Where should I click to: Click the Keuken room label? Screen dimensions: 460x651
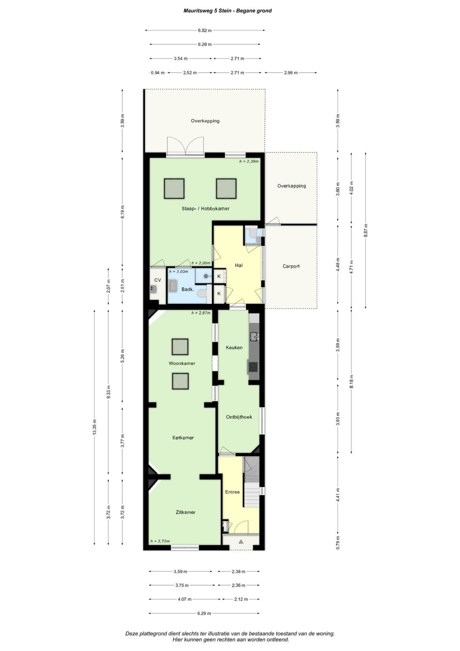tap(234, 347)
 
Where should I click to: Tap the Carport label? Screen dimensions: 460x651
tap(291, 266)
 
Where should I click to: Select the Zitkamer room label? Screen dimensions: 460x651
tap(185, 512)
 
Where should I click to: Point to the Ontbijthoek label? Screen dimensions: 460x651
tap(239, 417)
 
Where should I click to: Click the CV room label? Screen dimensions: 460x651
tap(157, 280)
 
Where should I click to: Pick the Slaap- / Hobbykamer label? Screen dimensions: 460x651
tap(205, 209)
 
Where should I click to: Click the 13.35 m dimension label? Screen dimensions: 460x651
tap(94, 427)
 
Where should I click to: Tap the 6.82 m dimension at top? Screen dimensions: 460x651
tap(205, 30)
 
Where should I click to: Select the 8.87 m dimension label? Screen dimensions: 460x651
tap(366, 230)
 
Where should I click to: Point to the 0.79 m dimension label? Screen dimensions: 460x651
tap(338, 542)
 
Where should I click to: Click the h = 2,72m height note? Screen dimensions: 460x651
tap(160, 541)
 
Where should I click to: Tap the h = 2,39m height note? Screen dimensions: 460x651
tap(249, 161)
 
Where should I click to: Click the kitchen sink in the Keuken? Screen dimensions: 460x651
tap(254, 336)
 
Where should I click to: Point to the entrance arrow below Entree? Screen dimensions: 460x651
tap(241, 541)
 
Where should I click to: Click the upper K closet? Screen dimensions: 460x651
tap(219, 276)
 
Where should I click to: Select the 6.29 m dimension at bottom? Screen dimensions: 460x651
tap(204, 613)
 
